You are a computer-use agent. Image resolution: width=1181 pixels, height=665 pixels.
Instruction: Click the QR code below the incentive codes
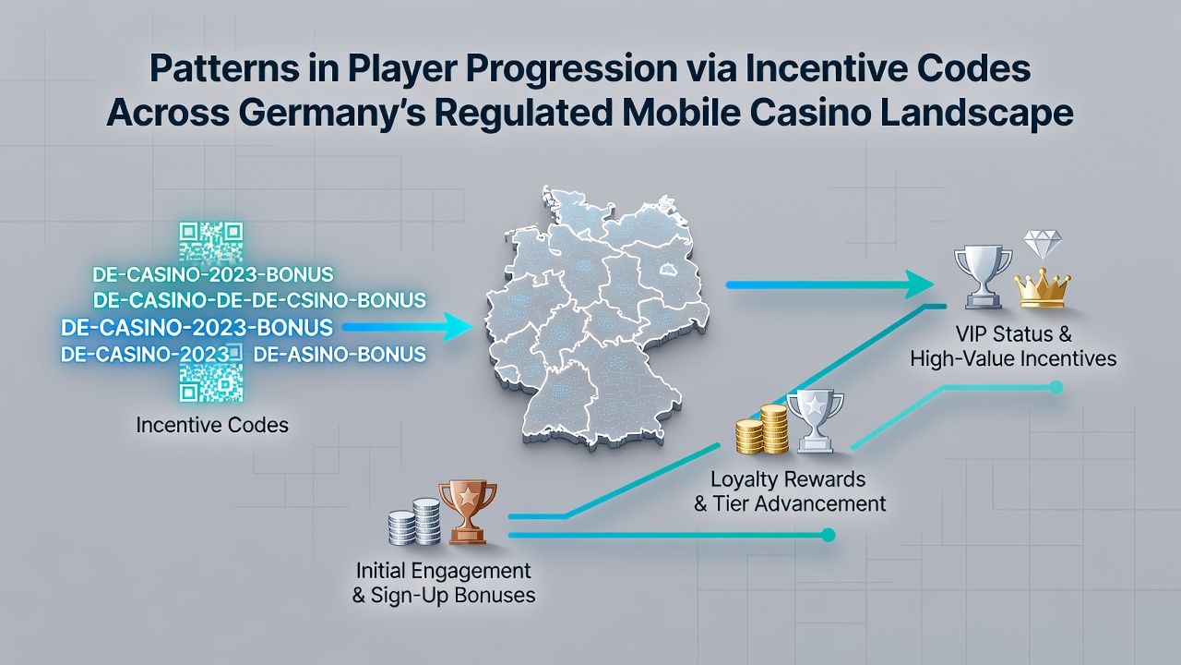pos(211,382)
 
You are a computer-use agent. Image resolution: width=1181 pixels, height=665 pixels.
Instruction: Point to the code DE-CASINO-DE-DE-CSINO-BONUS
pos(259,300)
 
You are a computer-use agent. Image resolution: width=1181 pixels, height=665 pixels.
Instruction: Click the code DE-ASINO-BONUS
pos(340,354)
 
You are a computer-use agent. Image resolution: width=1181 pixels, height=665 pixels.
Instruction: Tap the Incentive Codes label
pos(212,425)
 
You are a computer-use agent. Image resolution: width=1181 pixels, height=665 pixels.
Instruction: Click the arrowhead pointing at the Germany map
pos(458,327)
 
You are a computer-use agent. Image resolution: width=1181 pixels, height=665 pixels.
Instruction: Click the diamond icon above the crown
pos(1043,244)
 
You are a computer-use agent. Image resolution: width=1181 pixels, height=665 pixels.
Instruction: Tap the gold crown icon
pos(1043,287)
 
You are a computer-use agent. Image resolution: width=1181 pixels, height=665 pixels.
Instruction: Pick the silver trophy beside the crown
pos(984,276)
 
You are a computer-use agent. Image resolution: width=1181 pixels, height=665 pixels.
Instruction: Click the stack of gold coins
pos(762,429)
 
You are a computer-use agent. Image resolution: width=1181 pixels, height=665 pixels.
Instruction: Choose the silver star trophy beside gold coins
pos(815,421)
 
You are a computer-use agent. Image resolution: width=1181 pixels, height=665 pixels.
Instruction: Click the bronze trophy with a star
pos(468,512)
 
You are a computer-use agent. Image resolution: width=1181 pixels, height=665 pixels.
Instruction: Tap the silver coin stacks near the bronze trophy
pos(414,522)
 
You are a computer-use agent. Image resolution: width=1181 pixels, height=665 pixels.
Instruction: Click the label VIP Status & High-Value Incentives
pos(1013,346)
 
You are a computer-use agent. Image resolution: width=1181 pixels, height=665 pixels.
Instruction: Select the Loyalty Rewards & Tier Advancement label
pos(789,491)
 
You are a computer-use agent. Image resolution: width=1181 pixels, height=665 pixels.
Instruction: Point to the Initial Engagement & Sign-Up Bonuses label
pos(444,583)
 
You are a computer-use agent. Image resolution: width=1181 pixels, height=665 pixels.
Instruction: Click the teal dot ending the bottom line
pos(829,535)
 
